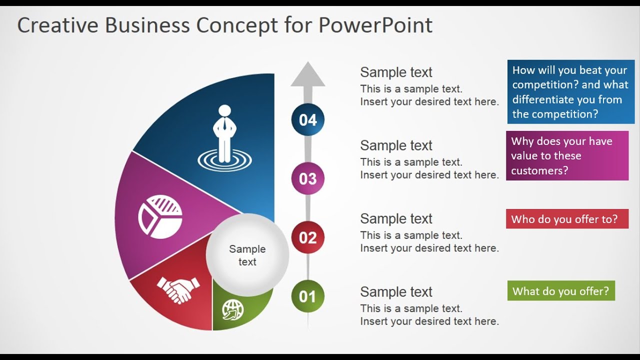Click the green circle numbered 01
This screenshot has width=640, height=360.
point(307,296)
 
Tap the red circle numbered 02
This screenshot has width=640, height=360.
point(307,237)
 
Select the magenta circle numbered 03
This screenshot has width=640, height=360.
point(307,178)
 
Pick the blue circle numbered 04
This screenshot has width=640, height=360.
point(307,119)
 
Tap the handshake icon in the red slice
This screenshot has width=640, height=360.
point(178,289)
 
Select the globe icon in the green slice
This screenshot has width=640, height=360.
point(232,309)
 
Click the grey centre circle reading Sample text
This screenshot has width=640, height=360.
point(247,255)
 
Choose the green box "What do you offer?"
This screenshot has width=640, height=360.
point(561,291)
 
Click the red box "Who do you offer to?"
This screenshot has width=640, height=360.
point(567,219)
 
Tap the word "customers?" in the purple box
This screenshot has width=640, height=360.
point(539,170)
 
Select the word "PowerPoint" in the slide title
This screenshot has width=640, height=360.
point(375,25)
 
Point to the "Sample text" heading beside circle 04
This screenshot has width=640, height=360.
point(396,72)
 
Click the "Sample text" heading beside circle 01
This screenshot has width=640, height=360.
point(396,292)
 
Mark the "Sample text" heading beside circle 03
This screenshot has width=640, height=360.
point(396,145)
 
